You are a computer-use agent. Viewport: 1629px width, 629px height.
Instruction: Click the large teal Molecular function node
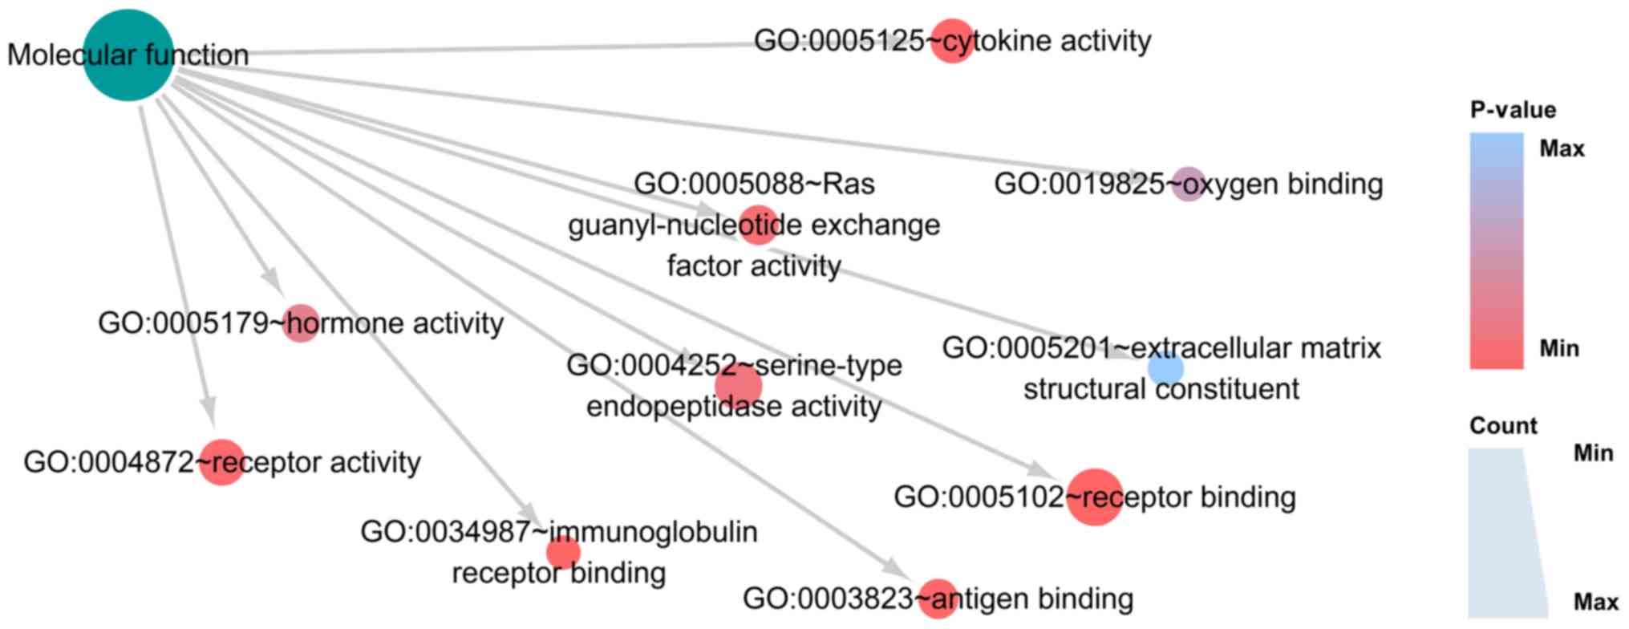click(x=128, y=55)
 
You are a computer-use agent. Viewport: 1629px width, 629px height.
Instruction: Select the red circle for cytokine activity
click(x=952, y=40)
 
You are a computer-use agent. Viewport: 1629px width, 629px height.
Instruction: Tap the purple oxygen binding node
click(x=1189, y=184)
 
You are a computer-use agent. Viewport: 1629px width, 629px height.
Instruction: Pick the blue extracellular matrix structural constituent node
click(x=1165, y=369)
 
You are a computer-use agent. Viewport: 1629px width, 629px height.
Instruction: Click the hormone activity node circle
click(x=301, y=323)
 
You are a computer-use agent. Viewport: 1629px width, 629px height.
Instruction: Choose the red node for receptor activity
click(x=221, y=462)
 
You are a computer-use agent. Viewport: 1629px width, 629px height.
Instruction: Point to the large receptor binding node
click(x=1094, y=497)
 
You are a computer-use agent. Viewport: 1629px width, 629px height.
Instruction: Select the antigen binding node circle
click(x=938, y=599)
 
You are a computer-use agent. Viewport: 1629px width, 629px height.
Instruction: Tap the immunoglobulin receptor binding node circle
click(x=563, y=552)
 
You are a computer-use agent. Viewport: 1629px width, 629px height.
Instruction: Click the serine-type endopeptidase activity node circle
click(x=738, y=387)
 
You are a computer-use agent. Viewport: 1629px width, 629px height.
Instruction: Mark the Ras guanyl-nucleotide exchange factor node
click(x=758, y=225)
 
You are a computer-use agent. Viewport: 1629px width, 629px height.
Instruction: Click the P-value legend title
click(x=1513, y=110)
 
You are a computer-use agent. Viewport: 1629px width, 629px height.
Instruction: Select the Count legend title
click(x=1503, y=425)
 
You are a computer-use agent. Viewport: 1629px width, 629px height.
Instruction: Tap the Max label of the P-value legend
click(x=1562, y=148)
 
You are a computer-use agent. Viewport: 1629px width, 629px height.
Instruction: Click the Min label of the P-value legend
click(x=1559, y=348)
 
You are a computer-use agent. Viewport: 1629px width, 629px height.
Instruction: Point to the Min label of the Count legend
click(x=1593, y=453)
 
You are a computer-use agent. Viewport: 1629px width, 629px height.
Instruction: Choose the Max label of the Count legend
click(x=1595, y=602)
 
